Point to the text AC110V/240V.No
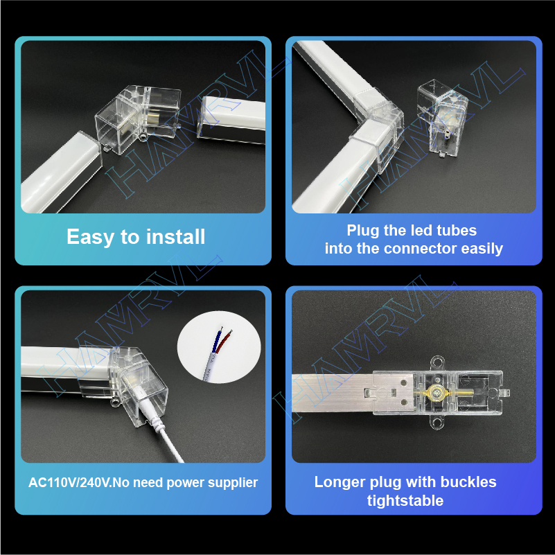[x=78, y=482]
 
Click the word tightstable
[x=405, y=501]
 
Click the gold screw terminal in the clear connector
[x=434, y=392]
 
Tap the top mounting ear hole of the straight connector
[x=437, y=362]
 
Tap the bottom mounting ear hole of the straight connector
[x=437, y=423]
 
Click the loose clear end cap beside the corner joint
[x=442, y=118]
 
